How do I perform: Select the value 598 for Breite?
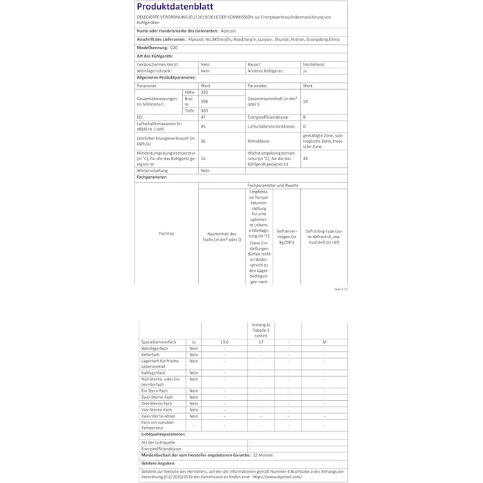pos(204,101)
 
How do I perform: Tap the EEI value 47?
pos(203,117)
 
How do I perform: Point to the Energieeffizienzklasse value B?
pos(304,117)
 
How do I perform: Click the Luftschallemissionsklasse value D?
pos(304,126)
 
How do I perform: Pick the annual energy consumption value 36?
pos(203,140)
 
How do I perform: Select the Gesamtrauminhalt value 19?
pos(305,101)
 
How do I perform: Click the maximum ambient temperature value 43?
pos(305,158)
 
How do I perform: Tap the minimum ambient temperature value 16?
pos(203,158)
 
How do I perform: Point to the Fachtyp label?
pos(166,234)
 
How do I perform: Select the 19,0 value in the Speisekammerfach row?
pos(224,342)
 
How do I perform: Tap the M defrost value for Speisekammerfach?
pos(324,342)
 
